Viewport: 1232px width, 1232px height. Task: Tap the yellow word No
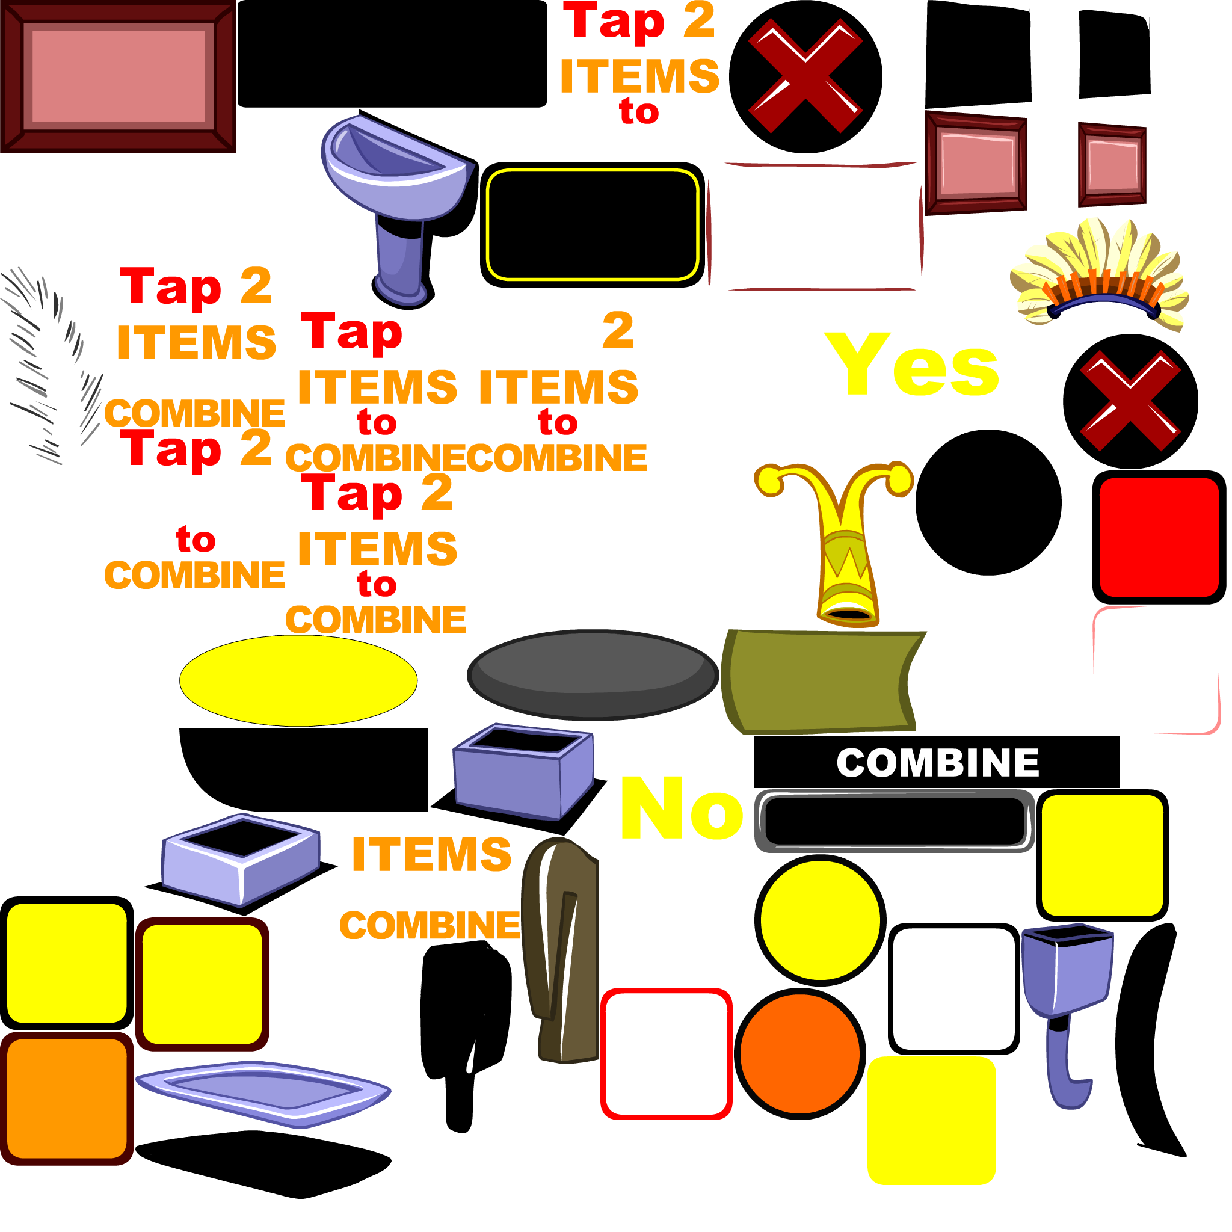(682, 808)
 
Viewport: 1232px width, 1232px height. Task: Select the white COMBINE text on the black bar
(937, 763)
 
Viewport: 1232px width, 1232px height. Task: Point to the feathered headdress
(1100, 274)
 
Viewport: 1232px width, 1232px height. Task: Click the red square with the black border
(1159, 538)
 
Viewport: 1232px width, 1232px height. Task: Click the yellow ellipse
(298, 680)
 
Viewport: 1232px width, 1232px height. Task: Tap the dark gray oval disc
(593, 676)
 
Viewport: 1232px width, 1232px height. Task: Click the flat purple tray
(263, 1094)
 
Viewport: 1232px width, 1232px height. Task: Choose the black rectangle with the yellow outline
(593, 224)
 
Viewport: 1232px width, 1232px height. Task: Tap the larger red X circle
(805, 76)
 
